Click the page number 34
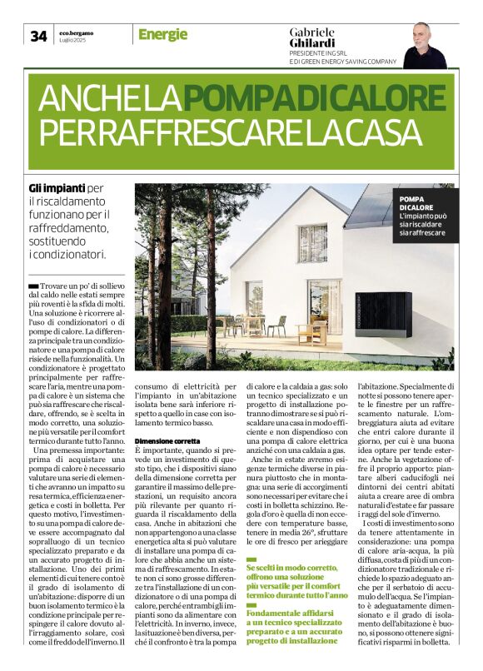tap(38, 36)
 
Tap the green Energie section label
tap(162, 35)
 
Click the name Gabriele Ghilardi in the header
tap(312, 36)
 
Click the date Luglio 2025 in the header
tap(74, 40)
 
